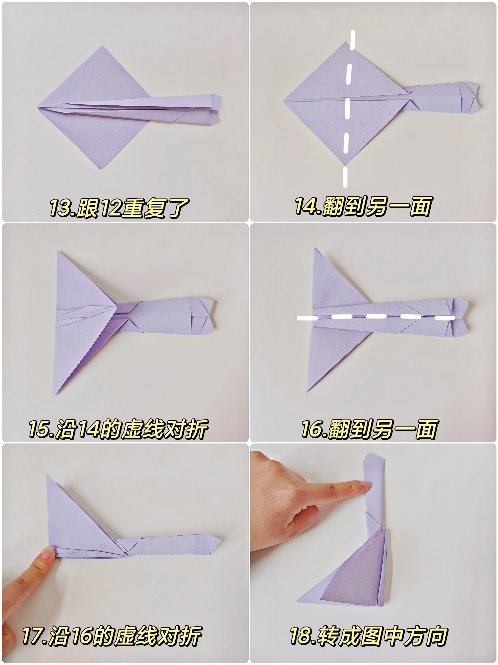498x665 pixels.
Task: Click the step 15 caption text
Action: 118,429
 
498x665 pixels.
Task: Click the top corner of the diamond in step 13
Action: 103,46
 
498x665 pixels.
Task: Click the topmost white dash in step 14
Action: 353,39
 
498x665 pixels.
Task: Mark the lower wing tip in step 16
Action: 307,391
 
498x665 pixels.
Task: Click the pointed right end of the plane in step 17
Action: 221,540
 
